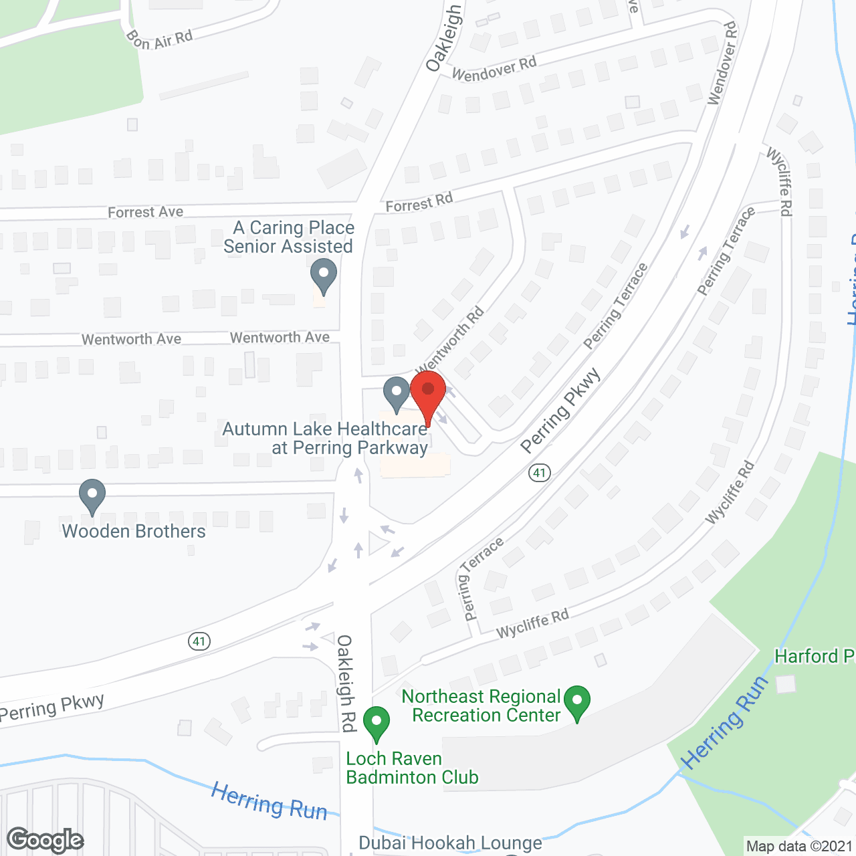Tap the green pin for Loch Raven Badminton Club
pos(377,723)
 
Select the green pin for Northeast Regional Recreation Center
pos(576,702)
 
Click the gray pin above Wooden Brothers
pos(92,496)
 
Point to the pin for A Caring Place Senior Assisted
pos(324,276)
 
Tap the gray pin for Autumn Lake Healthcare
pos(397,393)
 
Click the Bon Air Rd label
pos(159,39)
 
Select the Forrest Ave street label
pos(145,212)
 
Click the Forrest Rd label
pos(419,202)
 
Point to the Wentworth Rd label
pos(450,341)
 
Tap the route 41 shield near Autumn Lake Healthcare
pos(539,473)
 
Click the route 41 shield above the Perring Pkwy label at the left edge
pos(199,641)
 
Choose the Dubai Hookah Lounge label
pos(450,843)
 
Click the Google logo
pos(45,840)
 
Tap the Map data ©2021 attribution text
pos(800,846)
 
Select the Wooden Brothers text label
pos(134,531)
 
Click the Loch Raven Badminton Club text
pos(412,768)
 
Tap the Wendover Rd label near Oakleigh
pos(494,68)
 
